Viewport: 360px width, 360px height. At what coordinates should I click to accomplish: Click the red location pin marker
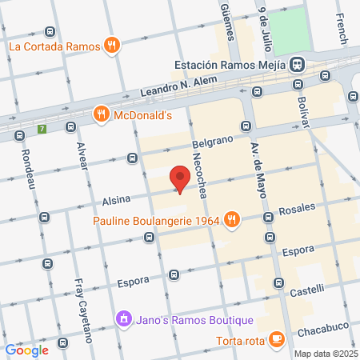pyautogui.click(x=180, y=178)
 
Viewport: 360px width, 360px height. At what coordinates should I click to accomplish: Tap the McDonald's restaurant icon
pyautogui.click(x=101, y=114)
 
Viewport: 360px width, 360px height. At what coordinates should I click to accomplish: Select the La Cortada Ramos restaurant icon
pyautogui.click(x=113, y=46)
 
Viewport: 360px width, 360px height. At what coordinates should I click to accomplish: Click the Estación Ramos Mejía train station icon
pyautogui.click(x=298, y=63)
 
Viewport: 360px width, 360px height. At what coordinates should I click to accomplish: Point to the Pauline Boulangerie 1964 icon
pyautogui.click(x=231, y=219)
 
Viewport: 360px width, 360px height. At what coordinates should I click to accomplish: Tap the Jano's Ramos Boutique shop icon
pyautogui.click(x=124, y=319)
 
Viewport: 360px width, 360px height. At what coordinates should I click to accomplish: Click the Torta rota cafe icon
pyautogui.click(x=276, y=340)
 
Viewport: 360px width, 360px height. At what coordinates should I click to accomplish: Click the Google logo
pyautogui.click(x=26, y=350)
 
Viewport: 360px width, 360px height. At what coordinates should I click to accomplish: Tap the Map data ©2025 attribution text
pyautogui.click(x=325, y=354)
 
